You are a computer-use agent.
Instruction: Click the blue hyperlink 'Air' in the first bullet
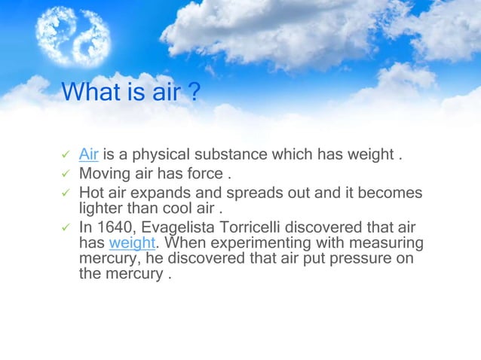click(x=89, y=154)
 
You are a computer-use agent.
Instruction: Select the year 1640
click(x=112, y=228)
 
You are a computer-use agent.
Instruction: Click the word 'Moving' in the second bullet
click(x=104, y=174)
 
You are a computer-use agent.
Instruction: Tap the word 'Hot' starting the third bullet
click(x=92, y=193)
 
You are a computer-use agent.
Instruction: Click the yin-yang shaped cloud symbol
click(x=73, y=35)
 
